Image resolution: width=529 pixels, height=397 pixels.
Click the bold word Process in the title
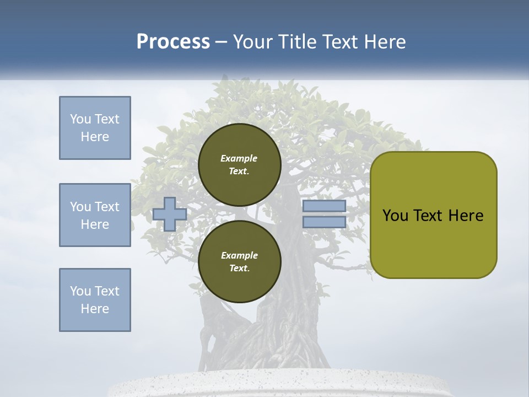click(x=173, y=42)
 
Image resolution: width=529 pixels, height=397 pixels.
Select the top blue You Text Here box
click(x=95, y=128)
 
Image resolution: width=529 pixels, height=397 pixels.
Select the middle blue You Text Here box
click(x=95, y=215)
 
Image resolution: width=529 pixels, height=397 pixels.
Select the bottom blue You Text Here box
click(x=95, y=300)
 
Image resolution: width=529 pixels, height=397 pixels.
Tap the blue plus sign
click(x=170, y=214)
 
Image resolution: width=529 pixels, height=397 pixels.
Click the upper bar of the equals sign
click(x=324, y=206)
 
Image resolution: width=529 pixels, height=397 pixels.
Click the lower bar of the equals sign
click(x=324, y=222)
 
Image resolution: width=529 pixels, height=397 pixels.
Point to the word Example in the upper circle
click(x=239, y=158)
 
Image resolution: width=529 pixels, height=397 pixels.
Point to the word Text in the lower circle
click(x=239, y=269)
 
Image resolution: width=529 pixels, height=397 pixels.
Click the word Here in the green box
click(x=466, y=216)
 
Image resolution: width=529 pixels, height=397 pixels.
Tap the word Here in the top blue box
click(x=95, y=137)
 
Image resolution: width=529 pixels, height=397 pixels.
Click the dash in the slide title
click(x=222, y=42)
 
